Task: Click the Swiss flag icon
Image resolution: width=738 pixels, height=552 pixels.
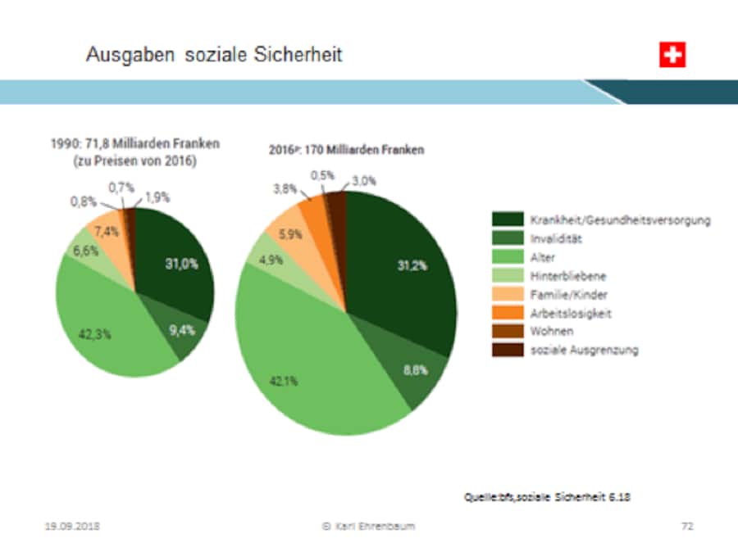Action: (672, 55)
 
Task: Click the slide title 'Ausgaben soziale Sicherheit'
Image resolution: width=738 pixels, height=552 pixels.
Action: (214, 55)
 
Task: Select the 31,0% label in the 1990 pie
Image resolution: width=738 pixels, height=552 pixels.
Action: (182, 264)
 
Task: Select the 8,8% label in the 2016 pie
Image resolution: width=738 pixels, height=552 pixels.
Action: (415, 370)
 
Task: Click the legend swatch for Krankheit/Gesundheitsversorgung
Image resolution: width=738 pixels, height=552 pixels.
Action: (506, 219)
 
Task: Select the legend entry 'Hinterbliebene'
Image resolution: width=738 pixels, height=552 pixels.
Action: (568, 276)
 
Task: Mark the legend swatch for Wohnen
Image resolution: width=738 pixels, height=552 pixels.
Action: (506, 331)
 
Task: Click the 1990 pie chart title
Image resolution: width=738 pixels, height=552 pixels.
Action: (131, 152)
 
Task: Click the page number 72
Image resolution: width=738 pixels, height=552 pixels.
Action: (687, 526)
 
